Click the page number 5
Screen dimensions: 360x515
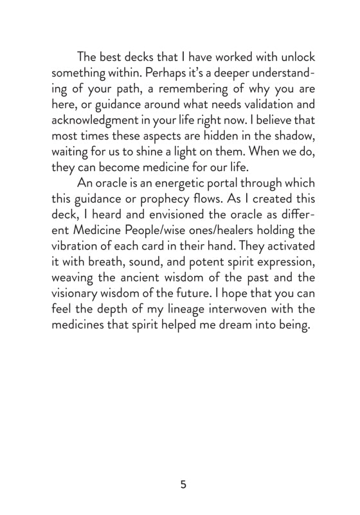pos(183,484)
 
